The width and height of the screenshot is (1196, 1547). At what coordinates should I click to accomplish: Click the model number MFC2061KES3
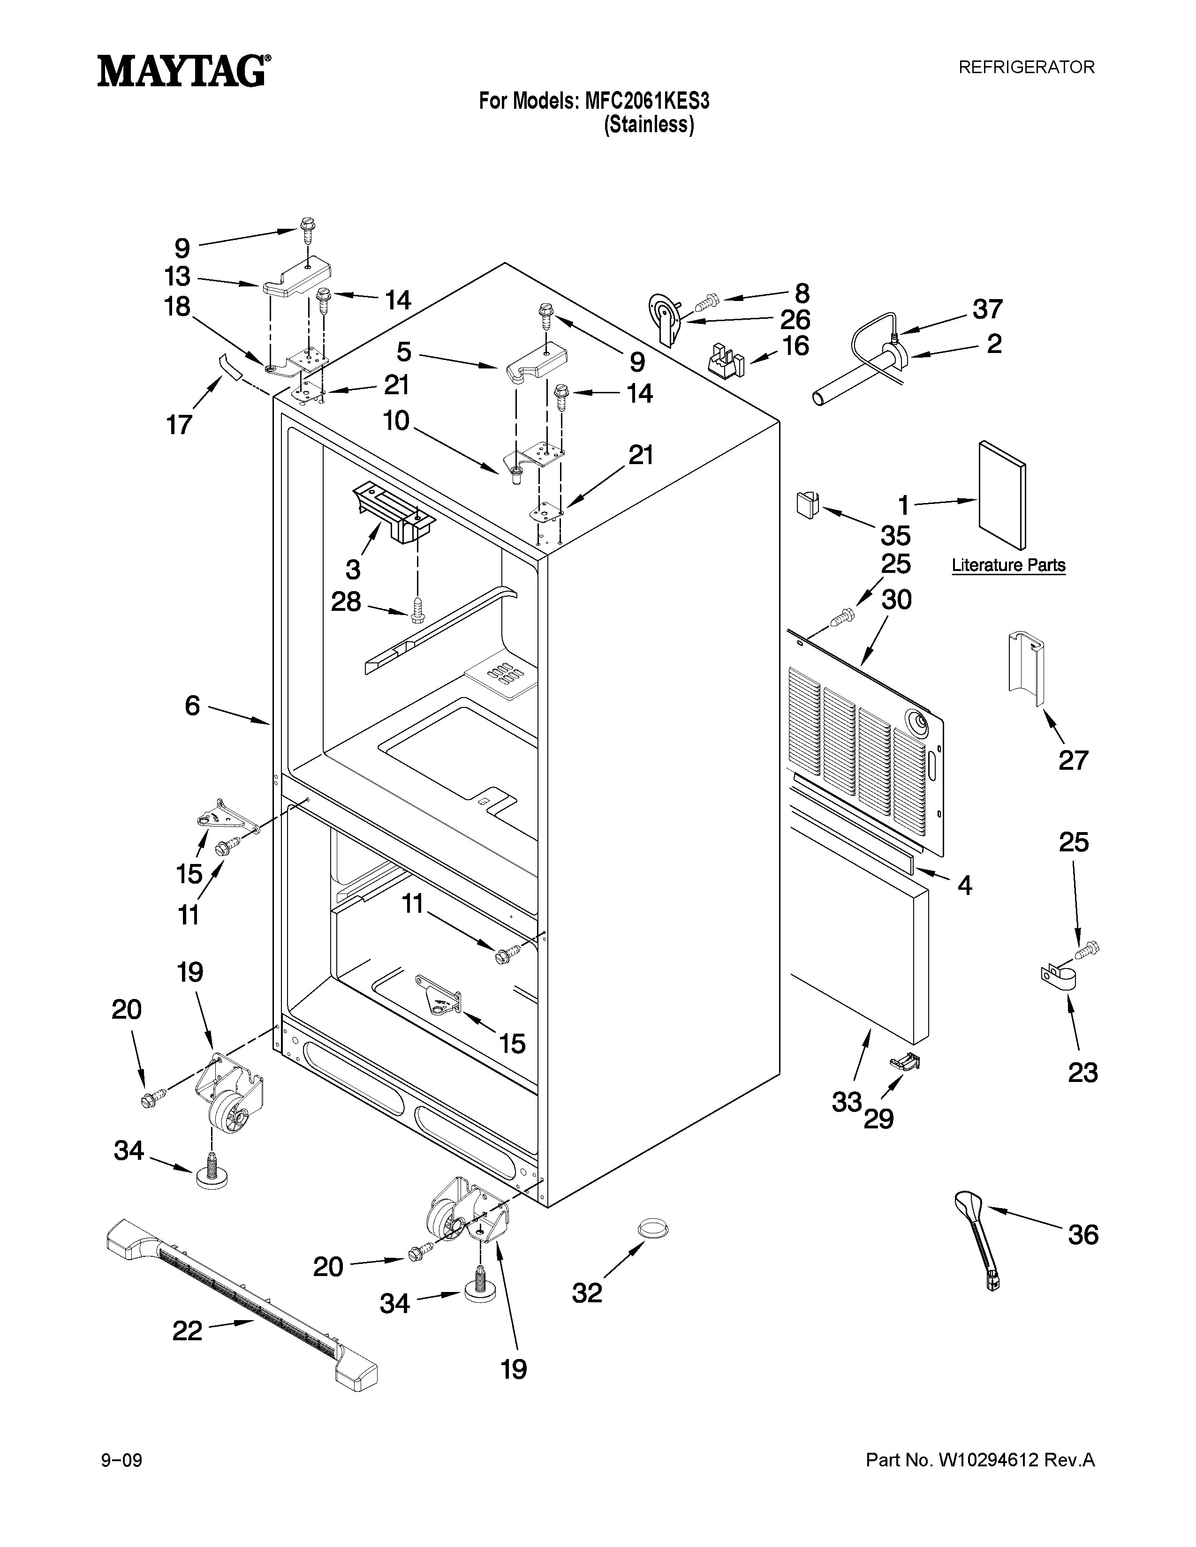pyautogui.click(x=646, y=101)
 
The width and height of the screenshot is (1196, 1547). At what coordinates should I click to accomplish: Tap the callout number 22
pyautogui.click(x=188, y=1330)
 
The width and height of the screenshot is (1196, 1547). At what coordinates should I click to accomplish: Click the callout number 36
pyautogui.click(x=1082, y=1235)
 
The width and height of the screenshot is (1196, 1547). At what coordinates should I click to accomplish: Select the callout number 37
pyautogui.click(x=987, y=309)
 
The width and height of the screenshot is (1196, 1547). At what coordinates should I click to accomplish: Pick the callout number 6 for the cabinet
pyautogui.click(x=192, y=706)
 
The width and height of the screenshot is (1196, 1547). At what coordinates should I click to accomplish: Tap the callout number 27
pyautogui.click(x=1073, y=760)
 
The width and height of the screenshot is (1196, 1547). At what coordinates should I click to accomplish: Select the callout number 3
pyautogui.click(x=353, y=569)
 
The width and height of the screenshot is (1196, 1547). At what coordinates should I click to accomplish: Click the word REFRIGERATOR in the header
pyautogui.click(x=1026, y=68)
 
